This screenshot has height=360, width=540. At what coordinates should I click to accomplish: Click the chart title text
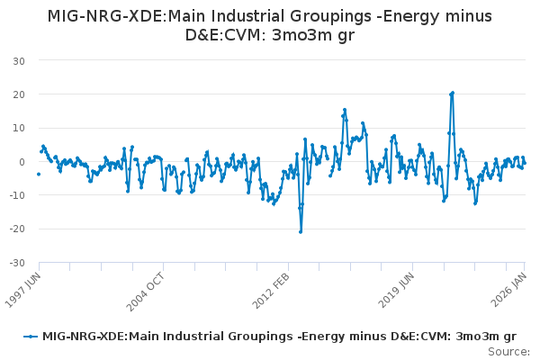tap(269, 25)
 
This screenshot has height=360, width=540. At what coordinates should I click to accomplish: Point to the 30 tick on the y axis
tap(18, 61)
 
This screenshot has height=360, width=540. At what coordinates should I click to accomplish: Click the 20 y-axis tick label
tap(18, 94)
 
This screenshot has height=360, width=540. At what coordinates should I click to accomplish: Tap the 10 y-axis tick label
tap(18, 129)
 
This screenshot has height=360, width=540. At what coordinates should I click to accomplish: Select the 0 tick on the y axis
tap(21, 162)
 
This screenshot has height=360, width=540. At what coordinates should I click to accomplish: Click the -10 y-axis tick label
tap(16, 196)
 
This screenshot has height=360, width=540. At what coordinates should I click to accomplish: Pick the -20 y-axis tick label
tap(16, 229)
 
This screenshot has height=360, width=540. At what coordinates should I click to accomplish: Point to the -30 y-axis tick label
tap(16, 264)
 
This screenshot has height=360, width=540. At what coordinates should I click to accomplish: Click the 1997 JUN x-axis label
tap(24, 287)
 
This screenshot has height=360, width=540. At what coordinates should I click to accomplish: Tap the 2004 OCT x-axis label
tap(148, 287)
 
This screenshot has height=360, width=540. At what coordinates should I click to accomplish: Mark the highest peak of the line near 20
tap(453, 93)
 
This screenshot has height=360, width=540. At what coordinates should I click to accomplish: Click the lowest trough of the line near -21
tap(301, 232)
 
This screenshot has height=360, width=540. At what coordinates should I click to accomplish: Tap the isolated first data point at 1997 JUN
tap(39, 174)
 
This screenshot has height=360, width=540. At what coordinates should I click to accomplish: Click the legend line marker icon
tap(31, 336)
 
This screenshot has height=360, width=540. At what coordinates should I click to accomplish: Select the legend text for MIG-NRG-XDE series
tap(279, 336)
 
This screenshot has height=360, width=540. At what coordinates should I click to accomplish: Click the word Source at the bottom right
tap(508, 352)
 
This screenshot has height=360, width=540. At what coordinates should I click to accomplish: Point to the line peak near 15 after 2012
tap(345, 110)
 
